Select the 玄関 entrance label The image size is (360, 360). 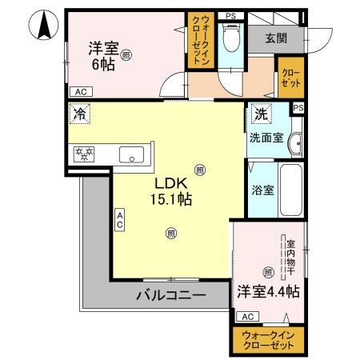pos(278,37)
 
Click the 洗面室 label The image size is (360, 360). pos(265,137)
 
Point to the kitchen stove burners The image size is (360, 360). pos(85,154)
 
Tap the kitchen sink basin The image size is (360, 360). pos(130,154)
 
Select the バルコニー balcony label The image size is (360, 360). pos(170,295)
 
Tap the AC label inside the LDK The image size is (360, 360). pos(120,219)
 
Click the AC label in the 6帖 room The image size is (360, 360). pos(79,91)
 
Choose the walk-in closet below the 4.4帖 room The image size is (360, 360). pos(268,338)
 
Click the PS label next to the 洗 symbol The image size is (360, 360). pos(298,108)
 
